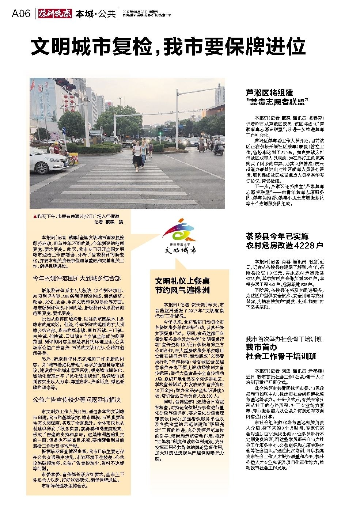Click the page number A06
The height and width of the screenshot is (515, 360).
(20, 14)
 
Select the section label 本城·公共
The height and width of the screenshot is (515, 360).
(95, 14)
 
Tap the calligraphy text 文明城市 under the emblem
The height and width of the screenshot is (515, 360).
(179, 250)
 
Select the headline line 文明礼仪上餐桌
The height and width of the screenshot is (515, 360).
(182, 281)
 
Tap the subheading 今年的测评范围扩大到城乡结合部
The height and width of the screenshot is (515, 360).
(76, 278)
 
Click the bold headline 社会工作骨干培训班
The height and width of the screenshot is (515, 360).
(281, 356)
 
